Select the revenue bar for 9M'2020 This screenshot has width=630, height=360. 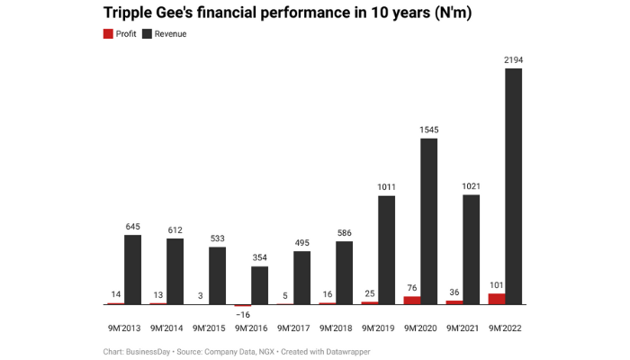(428, 221)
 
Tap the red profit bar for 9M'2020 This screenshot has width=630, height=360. (411, 300)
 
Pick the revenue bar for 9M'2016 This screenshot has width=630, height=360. (259, 285)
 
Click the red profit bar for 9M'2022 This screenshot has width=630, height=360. (496, 299)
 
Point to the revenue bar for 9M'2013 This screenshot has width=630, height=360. (132, 269)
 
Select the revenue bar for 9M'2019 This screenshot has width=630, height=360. (386, 249)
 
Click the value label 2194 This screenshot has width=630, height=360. (513, 60)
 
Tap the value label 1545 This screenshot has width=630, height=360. (428, 130)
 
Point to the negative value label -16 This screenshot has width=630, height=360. (242, 315)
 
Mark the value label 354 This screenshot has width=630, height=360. (259, 258)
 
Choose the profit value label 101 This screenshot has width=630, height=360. (496, 285)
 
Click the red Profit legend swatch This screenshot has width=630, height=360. (109, 33)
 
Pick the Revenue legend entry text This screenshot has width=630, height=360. (170, 33)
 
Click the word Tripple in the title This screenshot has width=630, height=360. (134, 13)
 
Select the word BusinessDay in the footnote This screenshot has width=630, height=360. (153, 351)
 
